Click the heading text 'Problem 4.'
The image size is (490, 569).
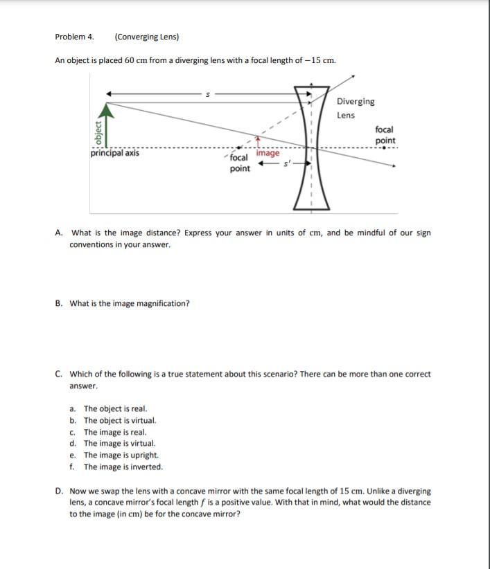[x=74, y=37]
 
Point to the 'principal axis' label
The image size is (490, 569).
[x=114, y=154]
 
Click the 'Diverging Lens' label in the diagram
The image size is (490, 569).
[x=356, y=108]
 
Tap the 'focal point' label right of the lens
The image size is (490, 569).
[x=385, y=135]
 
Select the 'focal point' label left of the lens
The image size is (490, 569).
[x=240, y=163]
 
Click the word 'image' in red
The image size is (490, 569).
[x=268, y=154]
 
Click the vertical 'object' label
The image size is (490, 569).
[x=97, y=133]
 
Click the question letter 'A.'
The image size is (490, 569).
[x=60, y=233]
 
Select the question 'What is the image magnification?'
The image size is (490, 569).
[x=130, y=303]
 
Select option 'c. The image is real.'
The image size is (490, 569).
[x=114, y=432]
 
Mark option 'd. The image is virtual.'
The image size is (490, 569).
[x=119, y=443]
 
